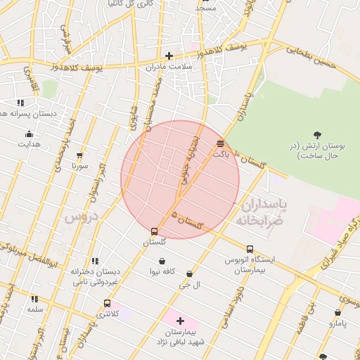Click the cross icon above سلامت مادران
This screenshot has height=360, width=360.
click(169, 56)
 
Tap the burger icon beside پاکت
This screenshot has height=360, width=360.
click(221, 143)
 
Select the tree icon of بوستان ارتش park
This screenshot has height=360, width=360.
click(318, 134)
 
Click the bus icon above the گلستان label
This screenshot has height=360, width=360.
click(154, 231)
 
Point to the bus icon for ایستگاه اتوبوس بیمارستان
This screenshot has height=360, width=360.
click(250, 249)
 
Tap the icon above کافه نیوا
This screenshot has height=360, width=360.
click(162, 261)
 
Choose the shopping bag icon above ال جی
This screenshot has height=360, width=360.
click(189, 274)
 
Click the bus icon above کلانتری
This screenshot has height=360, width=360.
click(107, 304)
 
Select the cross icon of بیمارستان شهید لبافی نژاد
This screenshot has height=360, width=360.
click(180, 321)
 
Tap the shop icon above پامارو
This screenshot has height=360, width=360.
click(337, 313)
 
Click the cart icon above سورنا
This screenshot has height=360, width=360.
click(79, 156)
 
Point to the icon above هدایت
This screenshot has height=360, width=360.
click(29, 134)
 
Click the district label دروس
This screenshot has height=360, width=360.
click(79, 218)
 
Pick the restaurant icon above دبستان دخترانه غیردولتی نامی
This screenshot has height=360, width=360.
click(95, 261)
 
